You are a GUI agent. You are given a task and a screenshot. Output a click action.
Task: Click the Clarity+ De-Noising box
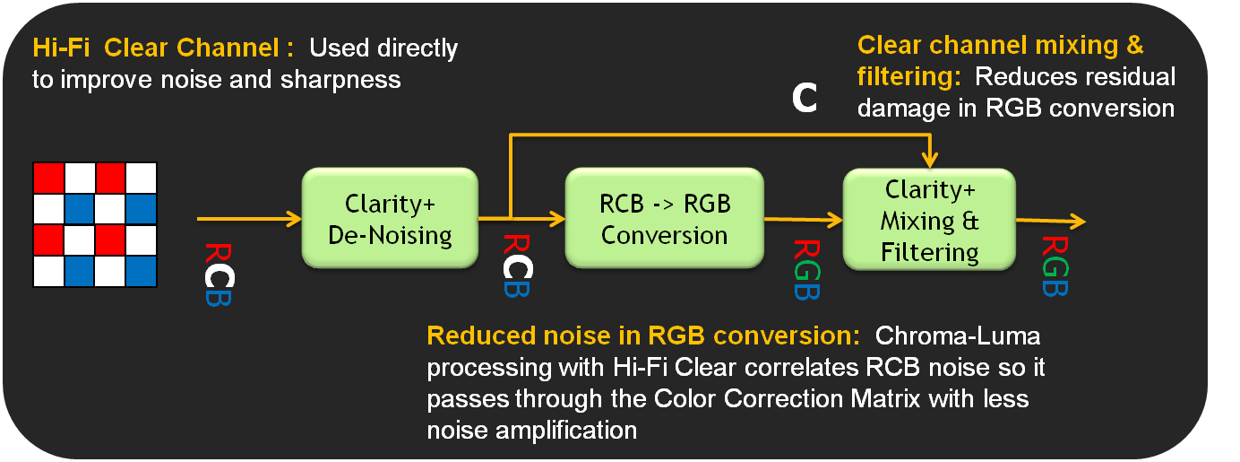pos(390,219)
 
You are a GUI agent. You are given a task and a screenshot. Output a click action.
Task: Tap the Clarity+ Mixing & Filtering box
pos(930,221)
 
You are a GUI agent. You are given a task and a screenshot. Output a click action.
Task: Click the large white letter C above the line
pos(805,98)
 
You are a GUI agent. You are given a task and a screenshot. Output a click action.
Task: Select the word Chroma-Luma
pos(958,336)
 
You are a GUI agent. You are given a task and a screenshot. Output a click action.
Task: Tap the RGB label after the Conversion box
pos(805,268)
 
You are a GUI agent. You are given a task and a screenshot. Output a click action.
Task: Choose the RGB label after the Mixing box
pos(1055,266)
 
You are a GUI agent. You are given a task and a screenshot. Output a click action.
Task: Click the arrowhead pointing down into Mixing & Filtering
pos(930,161)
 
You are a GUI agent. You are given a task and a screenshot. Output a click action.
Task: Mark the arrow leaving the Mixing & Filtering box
pos(1053,221)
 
